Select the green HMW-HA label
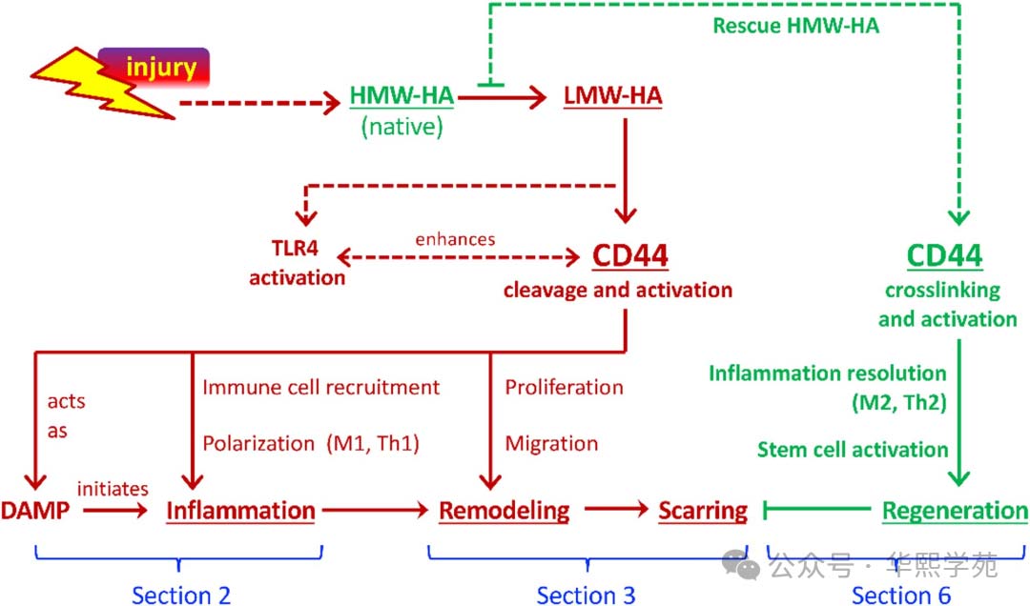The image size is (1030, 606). [x=401, y=96]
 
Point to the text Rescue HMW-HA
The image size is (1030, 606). [x=796, y=26]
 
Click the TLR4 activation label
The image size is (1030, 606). [x=296, y=265]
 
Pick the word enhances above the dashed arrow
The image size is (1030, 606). [x=456, y=238]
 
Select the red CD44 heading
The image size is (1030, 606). [x=630, y=257]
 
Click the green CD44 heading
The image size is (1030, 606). [x=945, y=257]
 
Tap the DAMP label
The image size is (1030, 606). [x=35, y=512]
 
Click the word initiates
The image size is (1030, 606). [x=112, y=489]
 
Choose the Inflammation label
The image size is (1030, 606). [x=240, y=512]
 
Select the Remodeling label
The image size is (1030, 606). [x=504, y=512]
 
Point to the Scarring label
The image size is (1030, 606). [x=703, y=512]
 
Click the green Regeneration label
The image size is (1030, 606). [x=955, y=512]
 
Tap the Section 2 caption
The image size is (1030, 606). [x=181, y=596]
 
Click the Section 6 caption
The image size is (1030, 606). [x=901, y=596]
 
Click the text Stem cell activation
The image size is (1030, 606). [x=853, y=449]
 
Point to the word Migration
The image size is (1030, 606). [x=551, y=443]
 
